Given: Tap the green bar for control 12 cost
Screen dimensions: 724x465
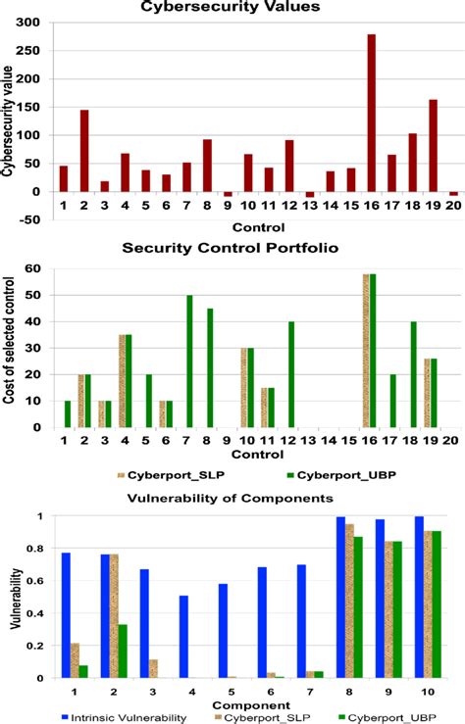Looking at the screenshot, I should pos(291,373).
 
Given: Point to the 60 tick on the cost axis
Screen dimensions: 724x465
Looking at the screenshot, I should pos(43,268).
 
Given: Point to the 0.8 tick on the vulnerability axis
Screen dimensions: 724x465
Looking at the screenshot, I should pos(39,549).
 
